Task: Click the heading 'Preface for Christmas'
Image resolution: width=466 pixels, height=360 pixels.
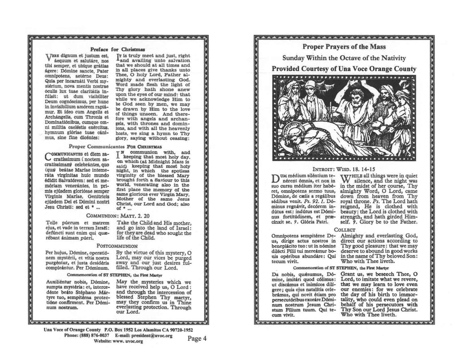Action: (118, 49)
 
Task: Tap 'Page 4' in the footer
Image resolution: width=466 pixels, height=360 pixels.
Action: (197, 339)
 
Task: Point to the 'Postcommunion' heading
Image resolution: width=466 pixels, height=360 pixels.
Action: (117, 246)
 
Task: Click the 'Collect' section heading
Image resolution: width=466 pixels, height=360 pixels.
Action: (345, 230)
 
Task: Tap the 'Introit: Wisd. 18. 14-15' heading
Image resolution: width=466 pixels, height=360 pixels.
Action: (345, 169)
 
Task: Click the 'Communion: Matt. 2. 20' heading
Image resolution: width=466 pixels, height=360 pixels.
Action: (118, 216)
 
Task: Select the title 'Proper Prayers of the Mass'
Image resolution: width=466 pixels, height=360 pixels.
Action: (344, 47)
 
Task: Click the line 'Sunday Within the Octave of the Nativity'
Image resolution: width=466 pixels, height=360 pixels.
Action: (344, 58)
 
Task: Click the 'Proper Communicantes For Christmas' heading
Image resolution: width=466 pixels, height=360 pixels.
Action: (115, 147)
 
